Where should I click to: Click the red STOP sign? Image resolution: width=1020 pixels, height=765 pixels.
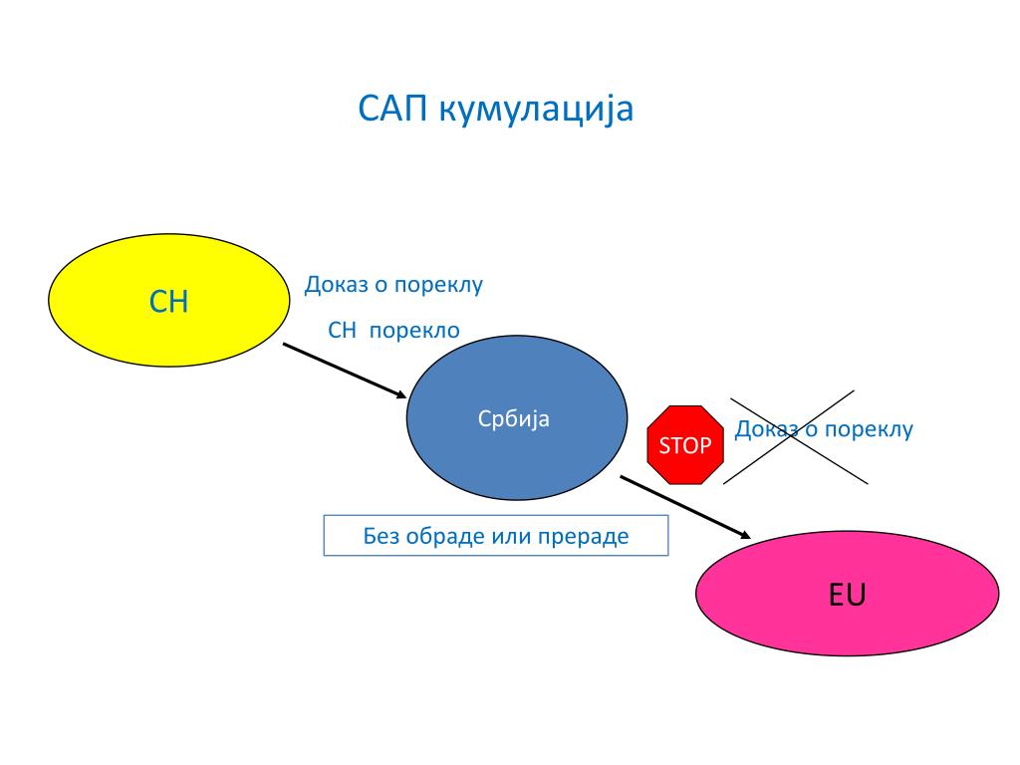pos(685,444)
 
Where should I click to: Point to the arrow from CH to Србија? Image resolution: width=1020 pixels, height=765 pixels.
pos(344,371)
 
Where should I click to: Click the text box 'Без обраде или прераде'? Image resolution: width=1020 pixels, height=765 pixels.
pos(495,536)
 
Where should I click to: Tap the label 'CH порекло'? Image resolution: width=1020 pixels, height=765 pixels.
pos(394,331)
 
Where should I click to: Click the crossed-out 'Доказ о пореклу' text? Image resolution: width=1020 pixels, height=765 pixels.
pos(824,430)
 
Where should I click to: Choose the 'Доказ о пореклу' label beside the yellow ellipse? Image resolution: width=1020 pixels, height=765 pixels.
pos(393,285)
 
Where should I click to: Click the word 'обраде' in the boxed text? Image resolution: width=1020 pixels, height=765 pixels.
pos(445,536)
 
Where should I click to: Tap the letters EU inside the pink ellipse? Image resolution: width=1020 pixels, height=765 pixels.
pos(847,596)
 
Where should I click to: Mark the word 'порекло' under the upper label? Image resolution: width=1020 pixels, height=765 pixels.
pos(415,331)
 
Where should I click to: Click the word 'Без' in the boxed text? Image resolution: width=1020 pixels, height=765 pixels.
pos(380,536)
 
